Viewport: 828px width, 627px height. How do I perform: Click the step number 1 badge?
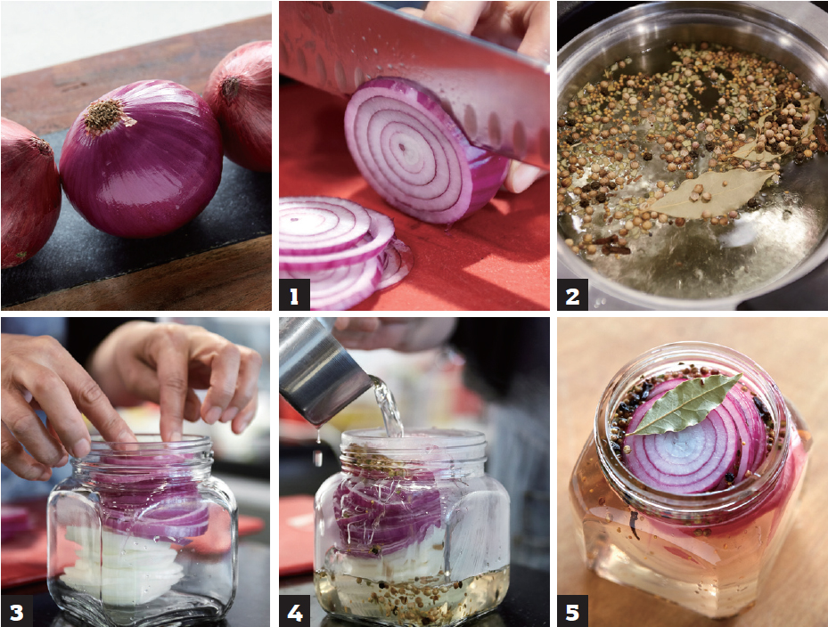pos(294,295)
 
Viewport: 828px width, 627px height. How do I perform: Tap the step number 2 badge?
pos(572,295)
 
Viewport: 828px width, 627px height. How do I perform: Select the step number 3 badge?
pos(16,611)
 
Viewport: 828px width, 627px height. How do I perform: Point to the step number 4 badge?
pos(294,611)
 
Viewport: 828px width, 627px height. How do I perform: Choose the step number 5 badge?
pos(572,611)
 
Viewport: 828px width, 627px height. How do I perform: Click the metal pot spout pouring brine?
pos(322,370)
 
